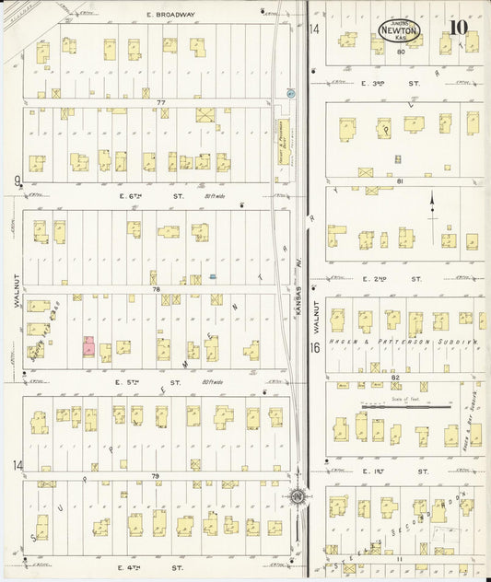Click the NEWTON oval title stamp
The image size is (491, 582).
point(399,29)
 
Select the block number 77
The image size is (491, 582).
point(159,101)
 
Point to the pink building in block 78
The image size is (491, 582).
point(89,346)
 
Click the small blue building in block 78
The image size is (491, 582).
point(213,276)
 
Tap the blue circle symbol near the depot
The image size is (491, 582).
point(290,94)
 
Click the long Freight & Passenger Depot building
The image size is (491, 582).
point(284,143)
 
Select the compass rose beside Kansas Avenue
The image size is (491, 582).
point(297,497)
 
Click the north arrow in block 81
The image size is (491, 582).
point(432,205)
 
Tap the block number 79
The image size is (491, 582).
point(156,476)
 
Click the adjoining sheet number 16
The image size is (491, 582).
point(314,347)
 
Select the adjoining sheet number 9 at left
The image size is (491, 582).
point(17,181)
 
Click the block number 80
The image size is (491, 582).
point(401,52)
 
